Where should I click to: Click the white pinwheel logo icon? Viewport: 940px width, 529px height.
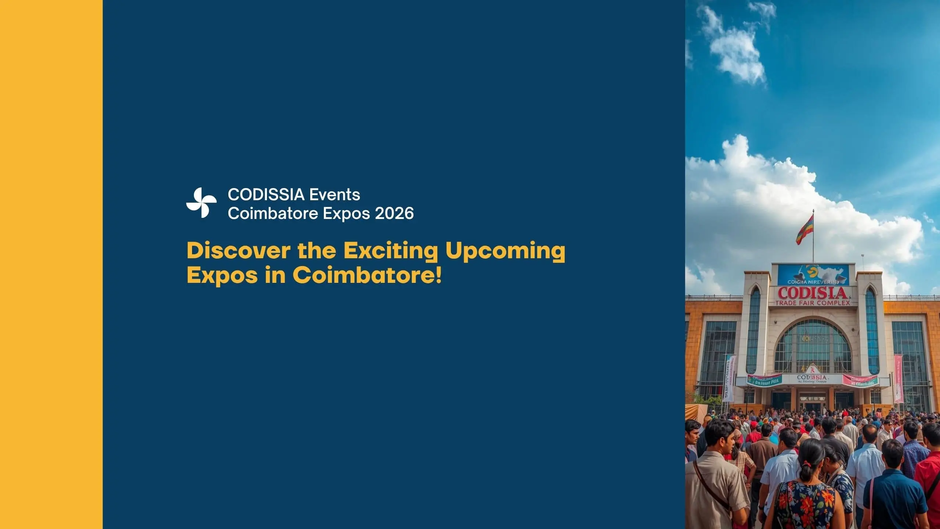coord(201,203)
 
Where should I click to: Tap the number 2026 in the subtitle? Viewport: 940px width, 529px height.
coord(394,213)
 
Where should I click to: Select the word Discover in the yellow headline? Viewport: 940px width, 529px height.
coord(238,251)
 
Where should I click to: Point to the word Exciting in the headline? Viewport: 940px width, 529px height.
coord(390,251)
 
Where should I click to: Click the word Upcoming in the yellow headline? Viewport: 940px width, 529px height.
coord(505,251)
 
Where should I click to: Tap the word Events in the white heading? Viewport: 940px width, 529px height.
coord(335,194)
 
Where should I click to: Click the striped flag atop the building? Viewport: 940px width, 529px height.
coord(805,230)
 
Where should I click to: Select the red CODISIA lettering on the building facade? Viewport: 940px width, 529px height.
coord(812,293)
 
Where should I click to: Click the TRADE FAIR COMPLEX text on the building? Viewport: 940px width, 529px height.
coord(813,303)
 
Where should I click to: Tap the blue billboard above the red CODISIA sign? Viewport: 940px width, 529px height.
coord(813,275)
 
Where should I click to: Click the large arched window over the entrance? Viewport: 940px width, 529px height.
coord(812,345)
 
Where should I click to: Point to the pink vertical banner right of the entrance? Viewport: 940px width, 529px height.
coord(899,378)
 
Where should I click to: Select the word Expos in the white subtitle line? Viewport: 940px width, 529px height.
coord(347,213)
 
